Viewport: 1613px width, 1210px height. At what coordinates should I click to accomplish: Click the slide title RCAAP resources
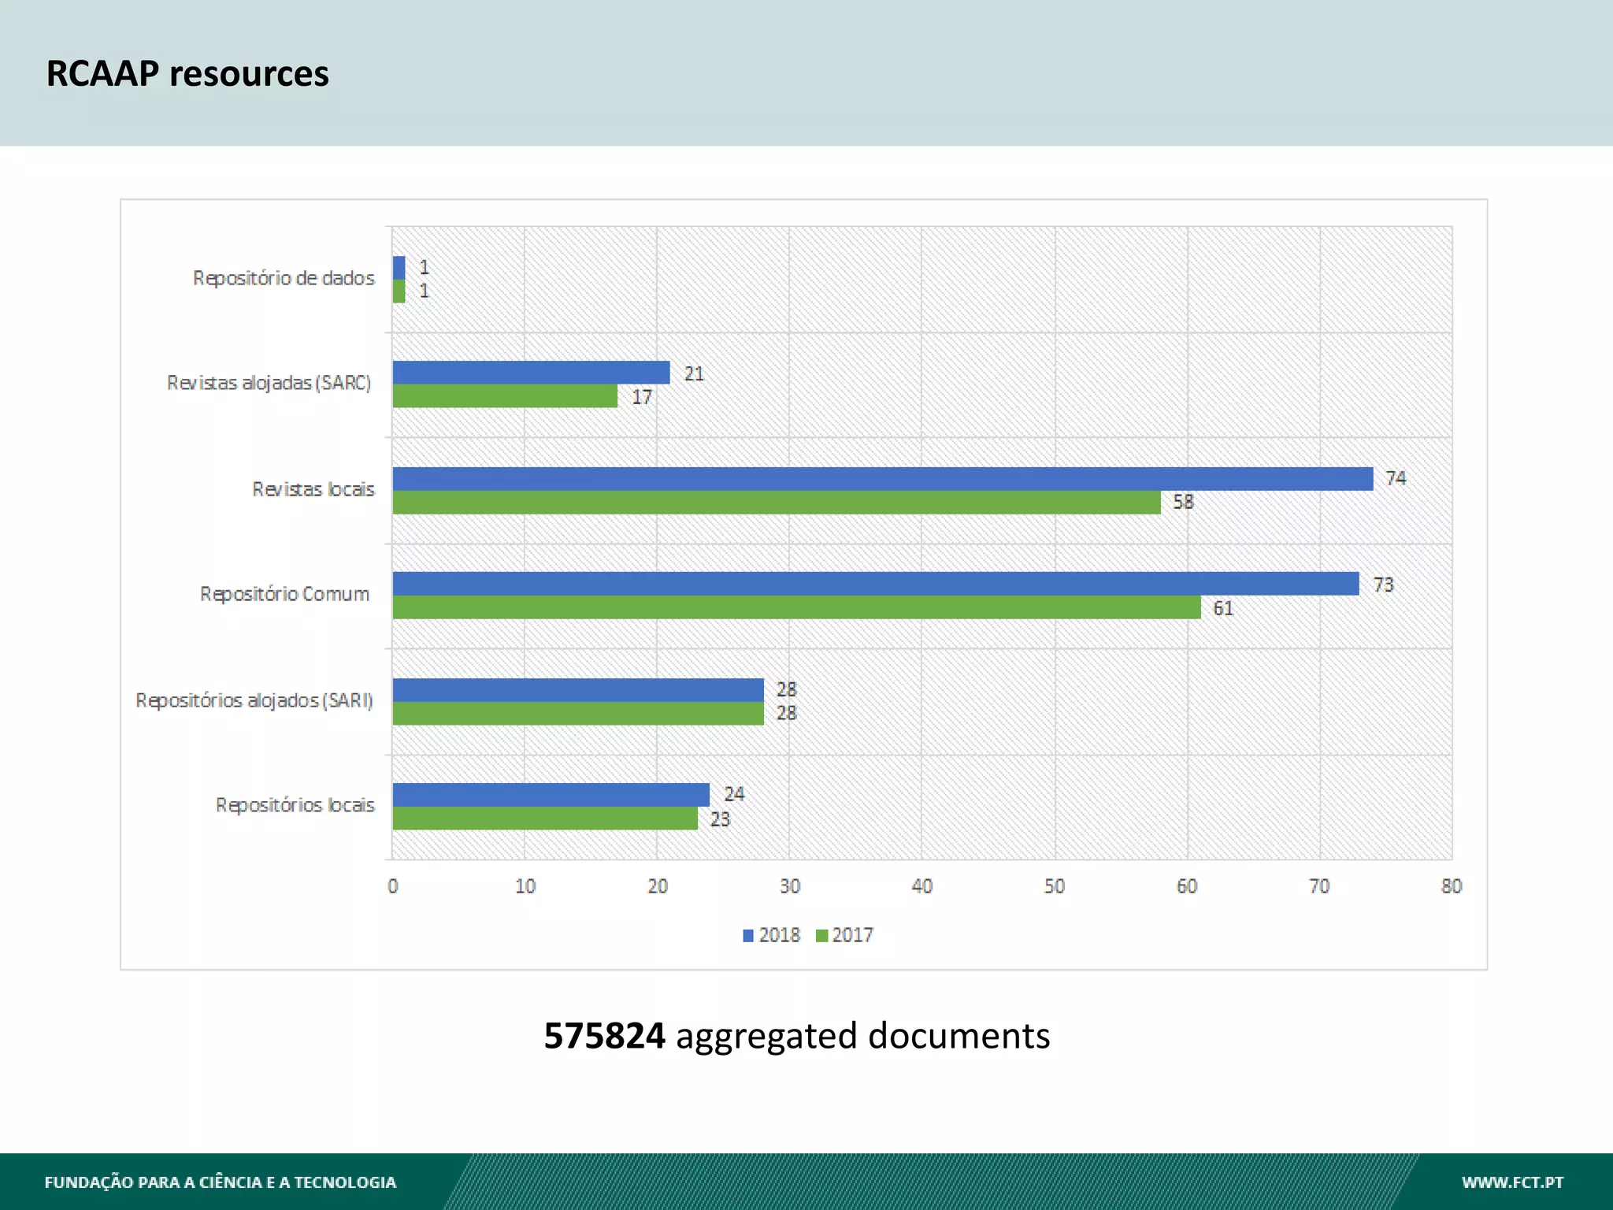click(x=187, y=73)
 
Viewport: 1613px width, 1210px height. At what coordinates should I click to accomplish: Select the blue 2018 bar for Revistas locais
click(x=882, y=479)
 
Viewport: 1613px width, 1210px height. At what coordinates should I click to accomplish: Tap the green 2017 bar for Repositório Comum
click(x=795, y=607)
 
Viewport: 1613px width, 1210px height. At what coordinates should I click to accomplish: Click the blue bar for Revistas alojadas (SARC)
click(x=531, y=373)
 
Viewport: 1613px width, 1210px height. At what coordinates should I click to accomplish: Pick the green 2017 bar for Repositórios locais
click(x=545, y=818)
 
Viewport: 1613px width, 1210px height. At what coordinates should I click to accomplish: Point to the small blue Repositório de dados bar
click(x=399, y=268)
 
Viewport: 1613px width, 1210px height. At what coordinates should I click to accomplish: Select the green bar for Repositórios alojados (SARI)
click(x=578, y=714)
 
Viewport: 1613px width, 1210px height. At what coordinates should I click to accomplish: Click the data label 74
click(x=1395, y=478)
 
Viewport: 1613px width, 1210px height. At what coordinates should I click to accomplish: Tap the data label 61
click(x=1222, y=608)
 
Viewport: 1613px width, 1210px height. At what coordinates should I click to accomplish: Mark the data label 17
click(x=641, y=397)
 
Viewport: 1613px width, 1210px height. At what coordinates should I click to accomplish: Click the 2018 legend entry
click(x=771, y=935)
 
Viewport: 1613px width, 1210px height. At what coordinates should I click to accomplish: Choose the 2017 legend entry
click(x=844, y=935)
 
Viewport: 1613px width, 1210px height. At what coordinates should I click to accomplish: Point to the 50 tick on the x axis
click(x=1054, y=886)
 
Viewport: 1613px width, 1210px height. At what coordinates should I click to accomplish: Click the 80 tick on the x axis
click(x=1451, y=886)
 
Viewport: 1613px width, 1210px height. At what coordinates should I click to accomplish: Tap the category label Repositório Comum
click(x=284, y=594)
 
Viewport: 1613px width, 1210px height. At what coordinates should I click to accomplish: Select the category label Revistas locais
click(x=313, y=489)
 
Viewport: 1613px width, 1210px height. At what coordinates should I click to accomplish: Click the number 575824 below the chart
click(x=604, y=1035)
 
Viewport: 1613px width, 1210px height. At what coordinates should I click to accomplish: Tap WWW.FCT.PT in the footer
click(x=1511, y=1182)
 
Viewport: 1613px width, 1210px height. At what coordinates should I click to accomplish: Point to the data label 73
click(x=1382, y=585)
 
